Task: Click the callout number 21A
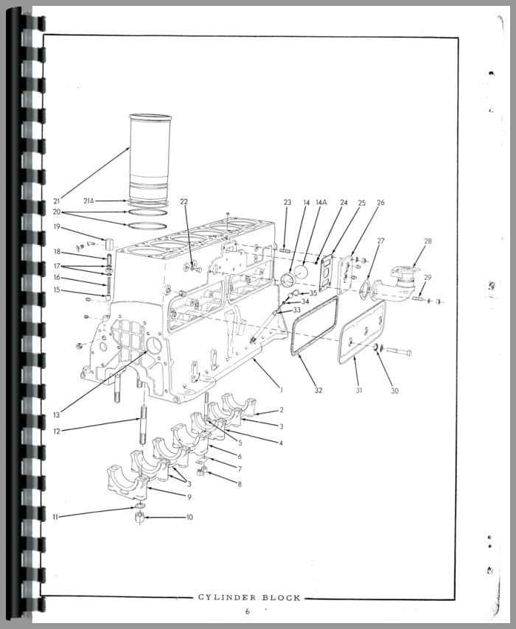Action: click(88, 200)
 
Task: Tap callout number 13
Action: click(57, 415)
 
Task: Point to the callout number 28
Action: click(428, 242)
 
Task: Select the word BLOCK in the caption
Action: click(282, 597)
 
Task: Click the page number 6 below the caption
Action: click(248, 611)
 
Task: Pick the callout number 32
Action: click(318, 390)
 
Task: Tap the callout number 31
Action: click(358, 390)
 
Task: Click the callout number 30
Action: click(394, 390)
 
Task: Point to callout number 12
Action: click(57, 432)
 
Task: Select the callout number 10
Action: click(189, 518)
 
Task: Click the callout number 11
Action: click(55, 517)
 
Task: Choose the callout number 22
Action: click(184, 202)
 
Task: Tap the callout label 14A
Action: click(321, 203)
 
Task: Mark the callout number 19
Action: click(57, 227)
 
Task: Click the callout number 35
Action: click(313, 293)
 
